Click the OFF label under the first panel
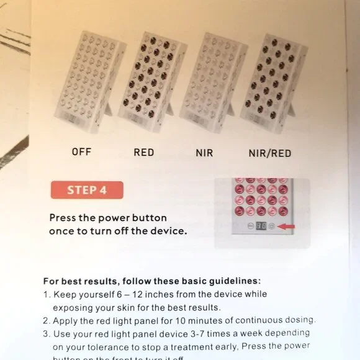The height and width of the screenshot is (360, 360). (81, 151)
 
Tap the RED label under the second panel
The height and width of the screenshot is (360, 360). (143, 151)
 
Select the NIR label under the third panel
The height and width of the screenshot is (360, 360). (204, 151)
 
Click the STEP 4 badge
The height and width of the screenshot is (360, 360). (88, 190)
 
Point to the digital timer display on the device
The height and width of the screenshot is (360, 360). (261, 227)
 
